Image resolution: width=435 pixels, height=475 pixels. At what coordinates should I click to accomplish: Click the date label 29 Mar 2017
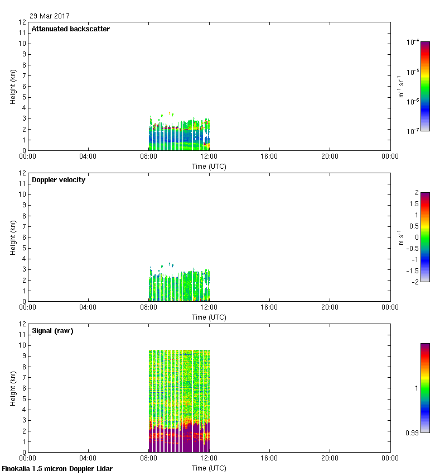click(50, 16)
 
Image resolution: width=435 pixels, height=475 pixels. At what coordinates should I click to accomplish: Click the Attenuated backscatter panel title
click(70, 29)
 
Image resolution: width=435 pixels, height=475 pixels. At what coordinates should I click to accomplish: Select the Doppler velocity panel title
click(59, 180)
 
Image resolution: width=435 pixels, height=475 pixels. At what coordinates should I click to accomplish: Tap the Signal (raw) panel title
click(52, 331)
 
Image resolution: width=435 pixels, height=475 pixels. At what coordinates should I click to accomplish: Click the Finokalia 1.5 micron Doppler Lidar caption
click(57, 469)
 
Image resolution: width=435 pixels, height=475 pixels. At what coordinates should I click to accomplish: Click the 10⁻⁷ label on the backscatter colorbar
click(413, 131)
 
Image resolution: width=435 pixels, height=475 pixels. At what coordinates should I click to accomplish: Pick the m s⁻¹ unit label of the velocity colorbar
click(400, 237)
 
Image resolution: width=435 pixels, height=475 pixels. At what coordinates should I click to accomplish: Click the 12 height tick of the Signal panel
click(22, 324)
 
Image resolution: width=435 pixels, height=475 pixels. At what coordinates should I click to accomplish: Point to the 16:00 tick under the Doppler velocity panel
click(269, 307)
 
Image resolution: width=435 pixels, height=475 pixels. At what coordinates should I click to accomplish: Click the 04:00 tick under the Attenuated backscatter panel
click(88, 156)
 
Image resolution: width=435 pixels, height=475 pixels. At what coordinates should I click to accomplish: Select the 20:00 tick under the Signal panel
click(330, 458)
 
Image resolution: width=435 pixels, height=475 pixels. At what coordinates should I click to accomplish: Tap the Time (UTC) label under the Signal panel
click(209, 468)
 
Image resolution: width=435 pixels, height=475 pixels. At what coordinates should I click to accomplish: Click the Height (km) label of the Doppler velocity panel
click(13, 237)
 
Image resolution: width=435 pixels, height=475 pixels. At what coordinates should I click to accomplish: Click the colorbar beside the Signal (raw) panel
click(425, 388)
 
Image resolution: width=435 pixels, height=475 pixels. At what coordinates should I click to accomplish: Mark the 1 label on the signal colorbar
click(414, 388)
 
